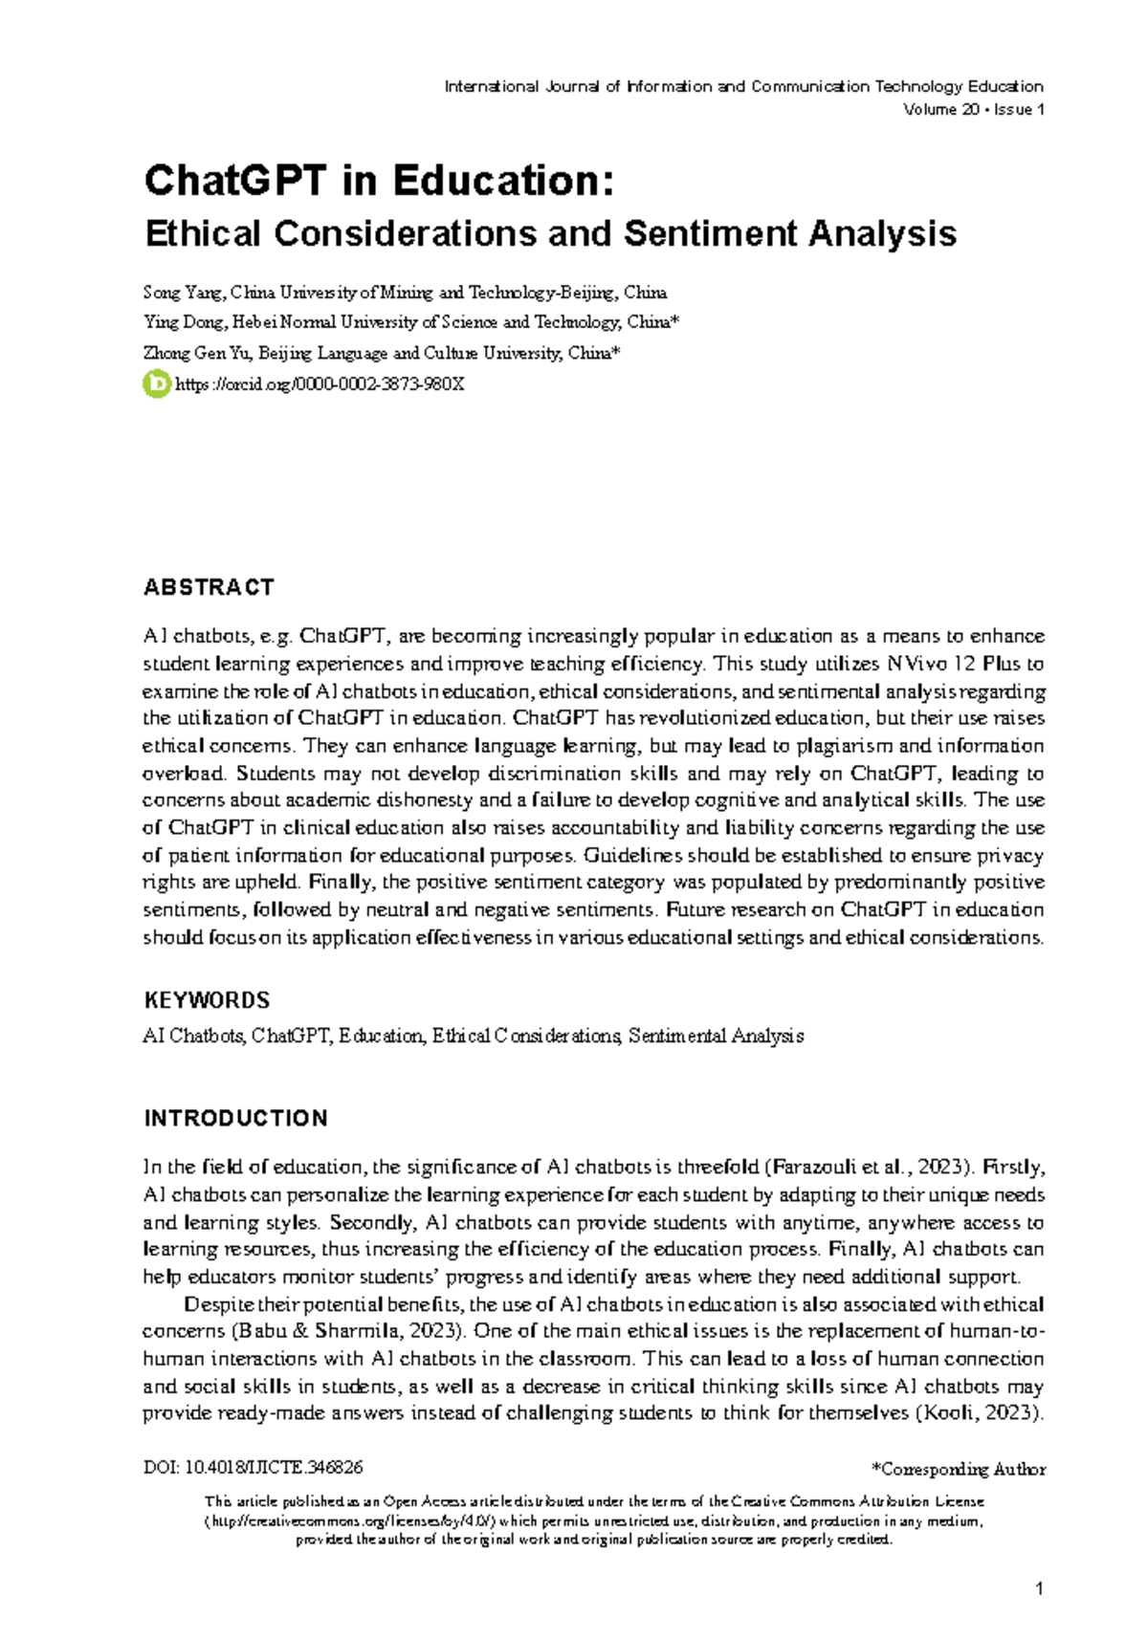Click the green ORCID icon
point(155,384)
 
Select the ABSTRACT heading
point(209,587)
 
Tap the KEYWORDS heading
point(207,1000)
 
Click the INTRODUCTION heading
point(235,1118)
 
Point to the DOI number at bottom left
point(253,1467)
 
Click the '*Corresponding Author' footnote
point(958,1469)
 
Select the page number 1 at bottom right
point(1039,1589)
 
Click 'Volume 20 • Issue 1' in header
point(973,110)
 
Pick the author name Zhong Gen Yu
point(197,353)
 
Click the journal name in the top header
point(743,86)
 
